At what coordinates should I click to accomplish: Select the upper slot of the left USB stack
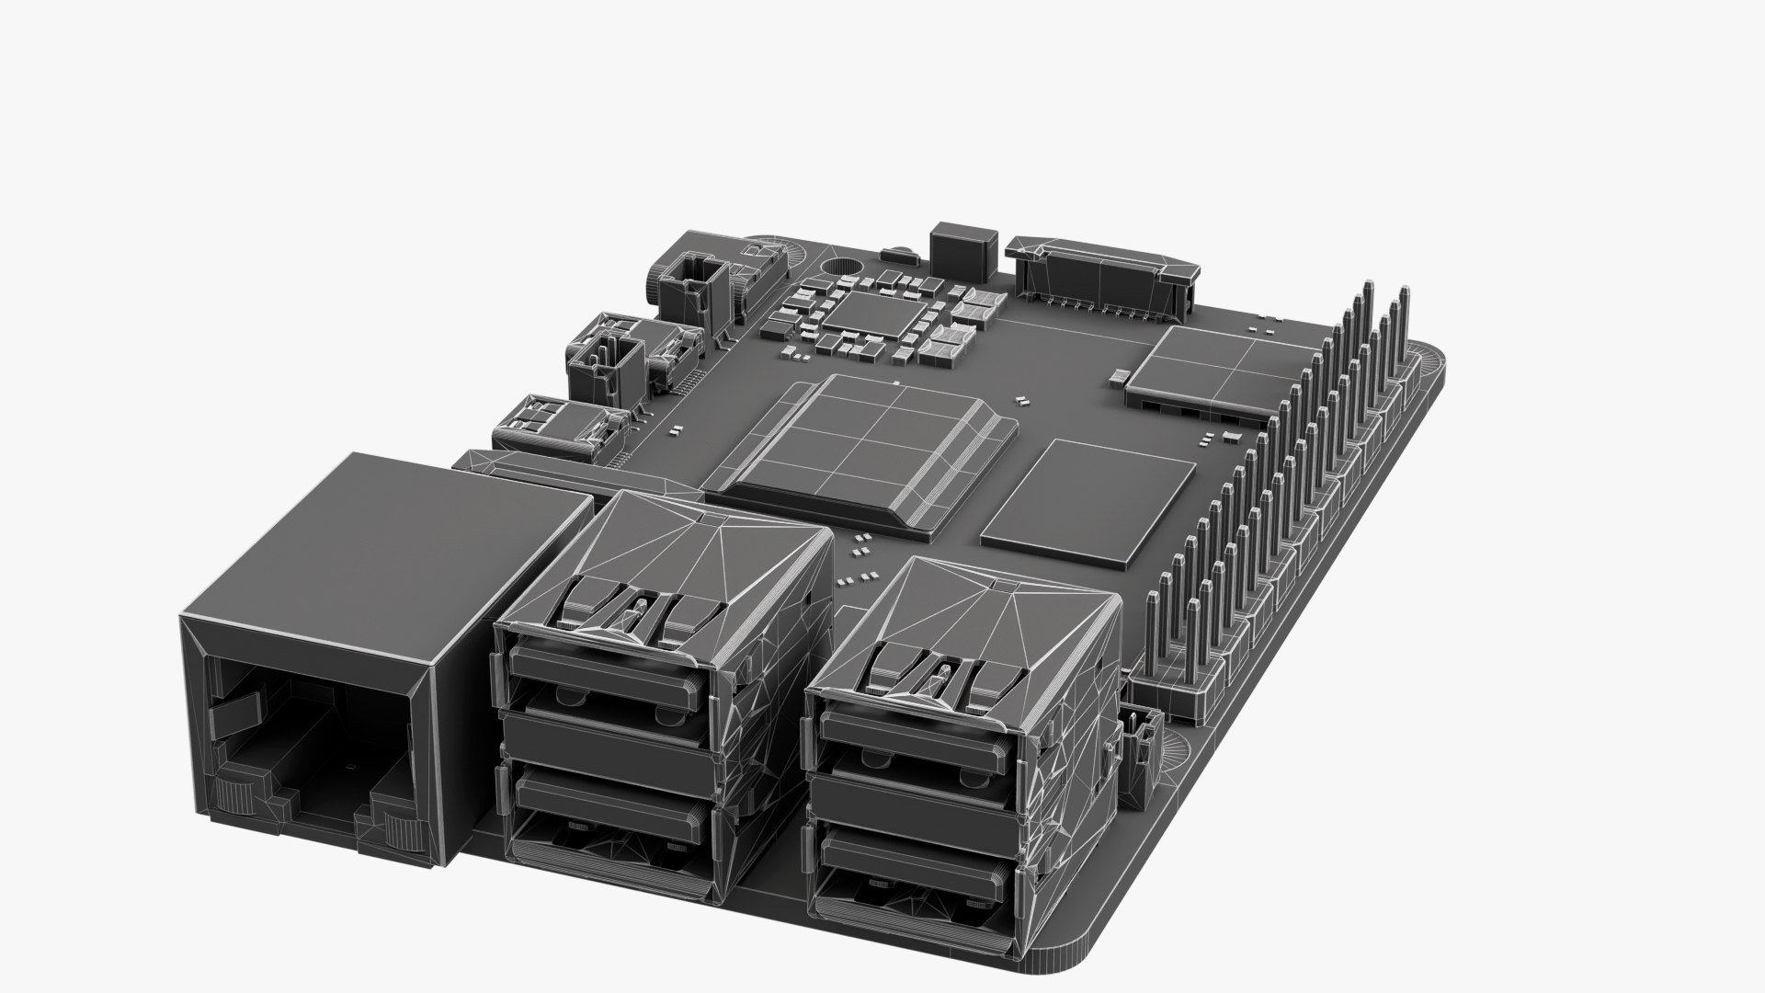pos(607,676)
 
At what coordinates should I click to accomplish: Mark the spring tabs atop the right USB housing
pos(947,671)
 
